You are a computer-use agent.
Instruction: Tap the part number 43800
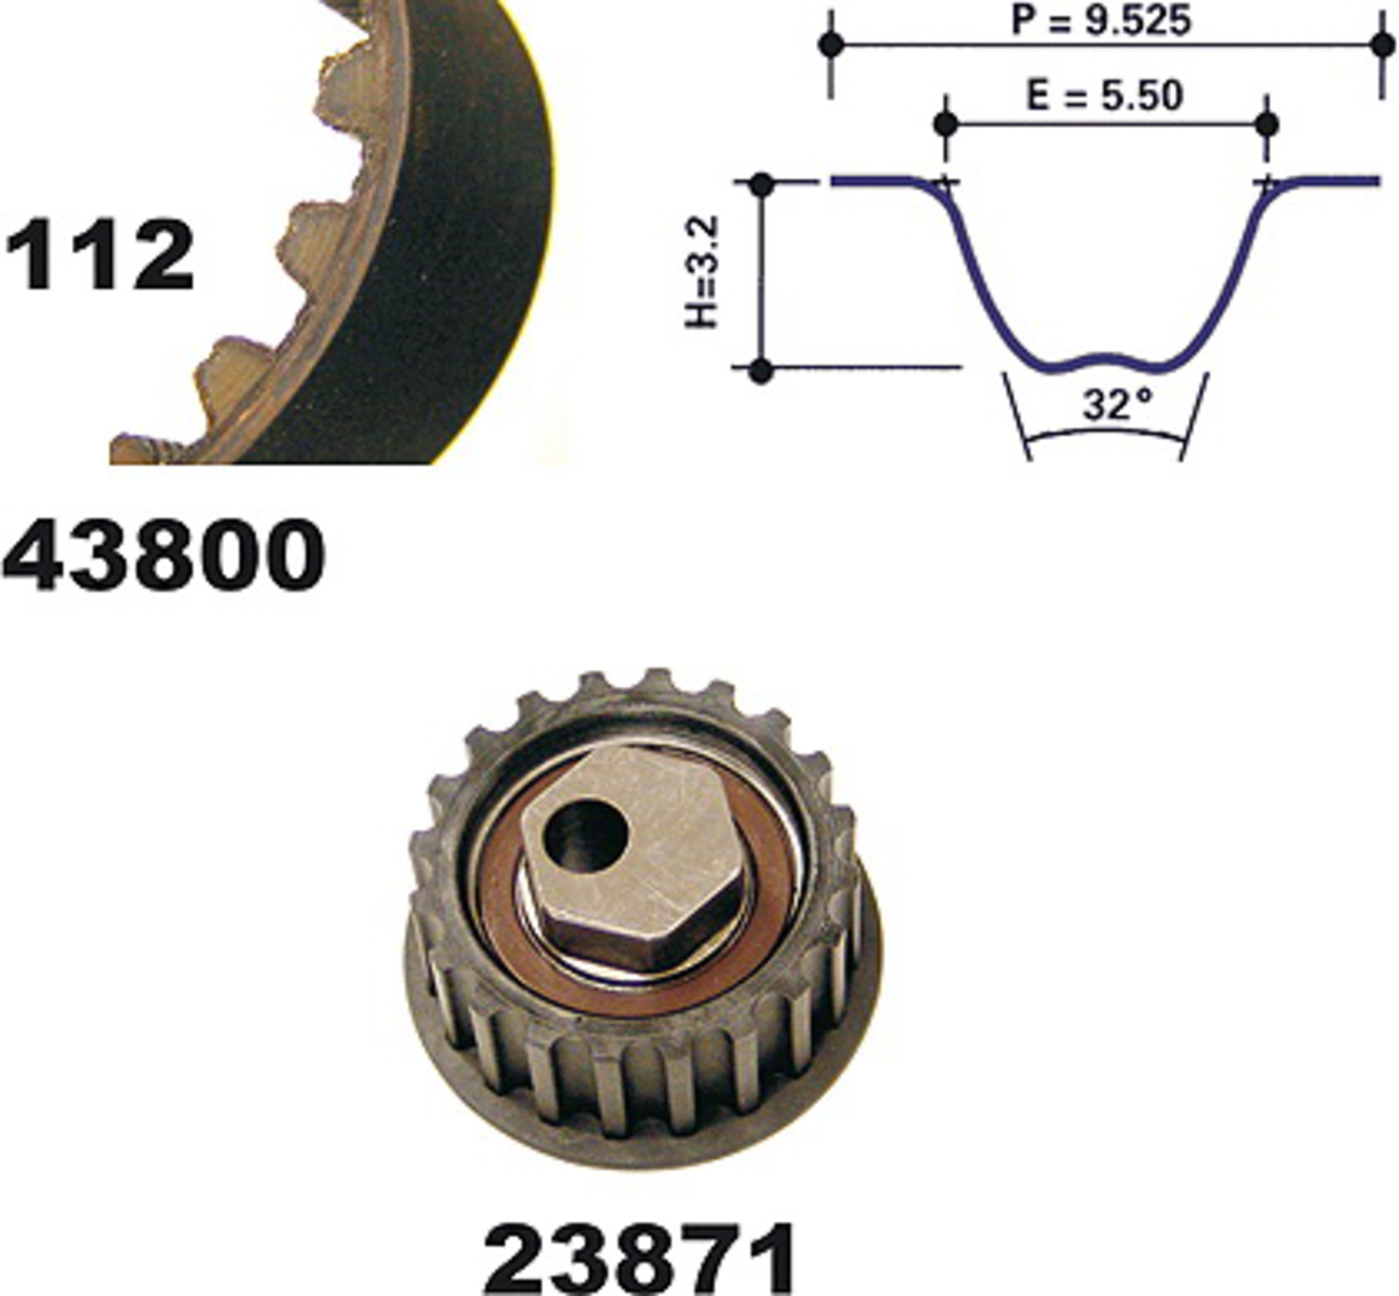[x=164, y=555]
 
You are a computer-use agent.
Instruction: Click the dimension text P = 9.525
[x=1101, y=21]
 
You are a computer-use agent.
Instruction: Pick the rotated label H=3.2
[x=702, y=271]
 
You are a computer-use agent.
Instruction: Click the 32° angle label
[x=1117, y=405]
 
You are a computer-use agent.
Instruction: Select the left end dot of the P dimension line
[x=832, y=45]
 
